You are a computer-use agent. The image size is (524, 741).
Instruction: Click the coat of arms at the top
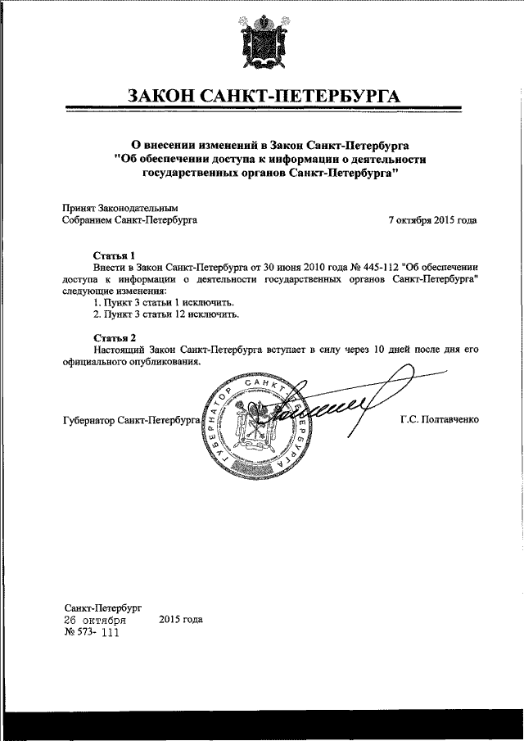262,43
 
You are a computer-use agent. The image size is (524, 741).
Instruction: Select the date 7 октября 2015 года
432,220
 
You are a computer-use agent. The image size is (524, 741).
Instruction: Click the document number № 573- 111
91,633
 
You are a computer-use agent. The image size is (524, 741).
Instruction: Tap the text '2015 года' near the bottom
181,620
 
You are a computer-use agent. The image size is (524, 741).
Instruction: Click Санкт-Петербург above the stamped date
102,608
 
